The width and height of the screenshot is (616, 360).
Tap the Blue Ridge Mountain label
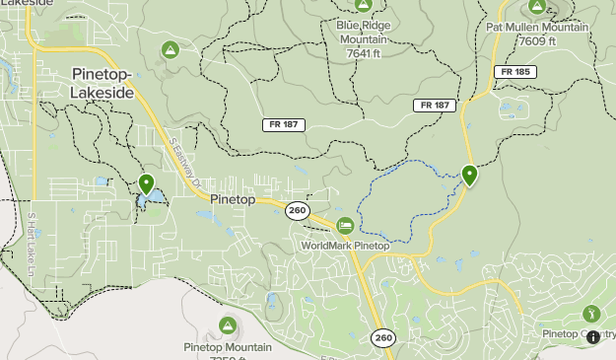(x=364, y=33)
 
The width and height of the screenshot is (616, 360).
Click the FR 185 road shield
(x=514, y=72)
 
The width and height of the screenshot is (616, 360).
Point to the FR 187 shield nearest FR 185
(x=435, y=105)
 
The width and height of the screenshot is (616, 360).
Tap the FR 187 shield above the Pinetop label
(x=283, y=125)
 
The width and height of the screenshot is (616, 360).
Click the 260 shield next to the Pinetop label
(x=297, y=210)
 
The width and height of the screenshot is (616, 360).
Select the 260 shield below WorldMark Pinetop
(x=383, y=338)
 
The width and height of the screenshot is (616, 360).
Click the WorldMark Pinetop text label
(x=345, y=246)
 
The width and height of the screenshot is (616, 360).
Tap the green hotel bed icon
(x=345, y=226)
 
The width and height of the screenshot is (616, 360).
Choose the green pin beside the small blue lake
(x=147, y=182)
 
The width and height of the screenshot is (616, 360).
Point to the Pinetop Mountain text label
(x=228, y=347)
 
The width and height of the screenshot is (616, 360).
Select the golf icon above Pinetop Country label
(x=591, y=314)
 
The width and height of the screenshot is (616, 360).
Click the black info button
(x=592, y=336)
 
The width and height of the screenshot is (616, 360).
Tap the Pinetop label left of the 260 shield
(x=233, y=199)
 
